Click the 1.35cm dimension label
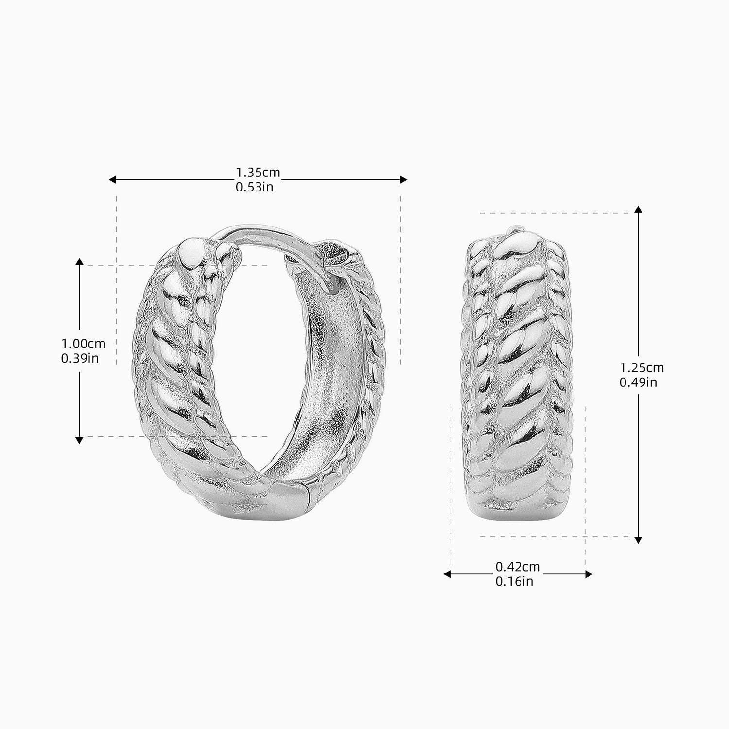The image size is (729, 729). pos(258,173)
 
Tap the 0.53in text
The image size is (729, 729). pos(254,187)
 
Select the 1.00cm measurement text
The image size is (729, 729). pos(83,344)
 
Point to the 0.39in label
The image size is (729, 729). pos(80,358)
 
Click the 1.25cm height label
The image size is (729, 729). pos(642,368)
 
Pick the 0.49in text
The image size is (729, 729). pos(638,382)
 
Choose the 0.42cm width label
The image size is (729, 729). pos(518,567)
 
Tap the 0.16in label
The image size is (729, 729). pos(514,581)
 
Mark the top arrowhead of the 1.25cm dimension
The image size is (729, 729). pos(639,209)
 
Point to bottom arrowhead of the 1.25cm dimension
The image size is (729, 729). pos(639,540)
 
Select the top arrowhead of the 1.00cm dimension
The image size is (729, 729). pos(79,261)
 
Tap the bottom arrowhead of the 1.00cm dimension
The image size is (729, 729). pos(79,440)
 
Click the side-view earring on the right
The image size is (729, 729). pos(518,374)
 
